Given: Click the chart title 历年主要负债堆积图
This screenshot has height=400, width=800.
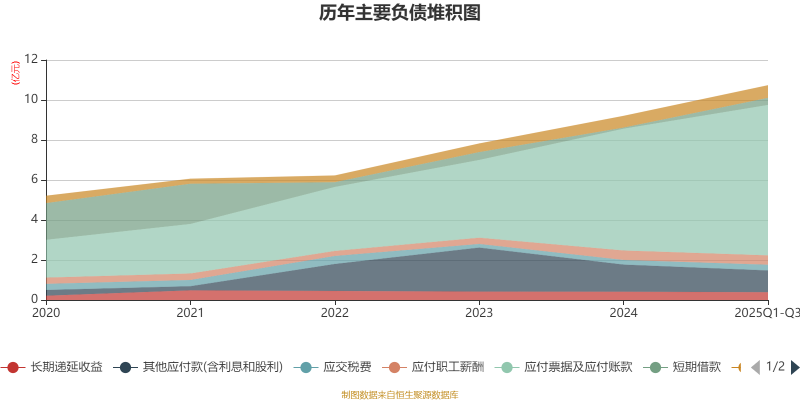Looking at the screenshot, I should coord(400,13).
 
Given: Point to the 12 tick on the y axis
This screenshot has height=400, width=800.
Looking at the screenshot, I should coord(31,59).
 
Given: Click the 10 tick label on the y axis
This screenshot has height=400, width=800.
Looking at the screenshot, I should coord(31,99).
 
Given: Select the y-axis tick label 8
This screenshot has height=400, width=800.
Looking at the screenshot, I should coord(34,139).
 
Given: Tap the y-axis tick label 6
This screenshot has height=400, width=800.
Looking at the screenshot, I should coord(34,179).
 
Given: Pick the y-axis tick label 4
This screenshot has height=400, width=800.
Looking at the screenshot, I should coord(34,219).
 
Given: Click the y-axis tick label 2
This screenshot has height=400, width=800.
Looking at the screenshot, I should coord(34,259).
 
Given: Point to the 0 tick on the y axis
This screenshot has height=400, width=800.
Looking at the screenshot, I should coord(34,299).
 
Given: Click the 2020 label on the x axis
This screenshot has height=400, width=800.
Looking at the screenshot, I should coord(46,313).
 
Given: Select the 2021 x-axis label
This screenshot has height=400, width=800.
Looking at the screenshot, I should coord(190,313).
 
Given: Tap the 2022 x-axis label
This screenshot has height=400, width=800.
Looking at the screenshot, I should coord(334,313).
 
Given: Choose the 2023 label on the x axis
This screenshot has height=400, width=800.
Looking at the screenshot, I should coord(479,313).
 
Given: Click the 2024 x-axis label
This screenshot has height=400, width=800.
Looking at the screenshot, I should coord(623,313).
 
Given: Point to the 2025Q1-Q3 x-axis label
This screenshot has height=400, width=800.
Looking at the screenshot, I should coord(766,313).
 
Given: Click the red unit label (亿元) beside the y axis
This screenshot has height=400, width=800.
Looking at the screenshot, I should coord(15,73).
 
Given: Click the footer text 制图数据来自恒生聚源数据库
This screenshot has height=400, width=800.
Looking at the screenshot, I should coord(400,395).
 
